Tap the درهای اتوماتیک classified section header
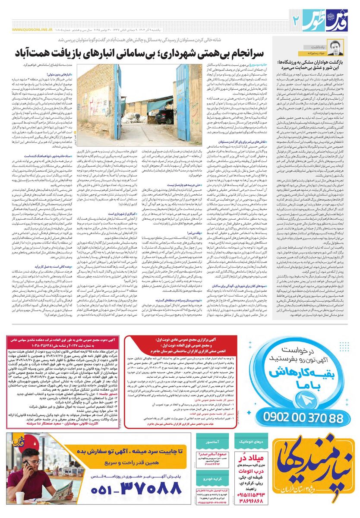253,442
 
